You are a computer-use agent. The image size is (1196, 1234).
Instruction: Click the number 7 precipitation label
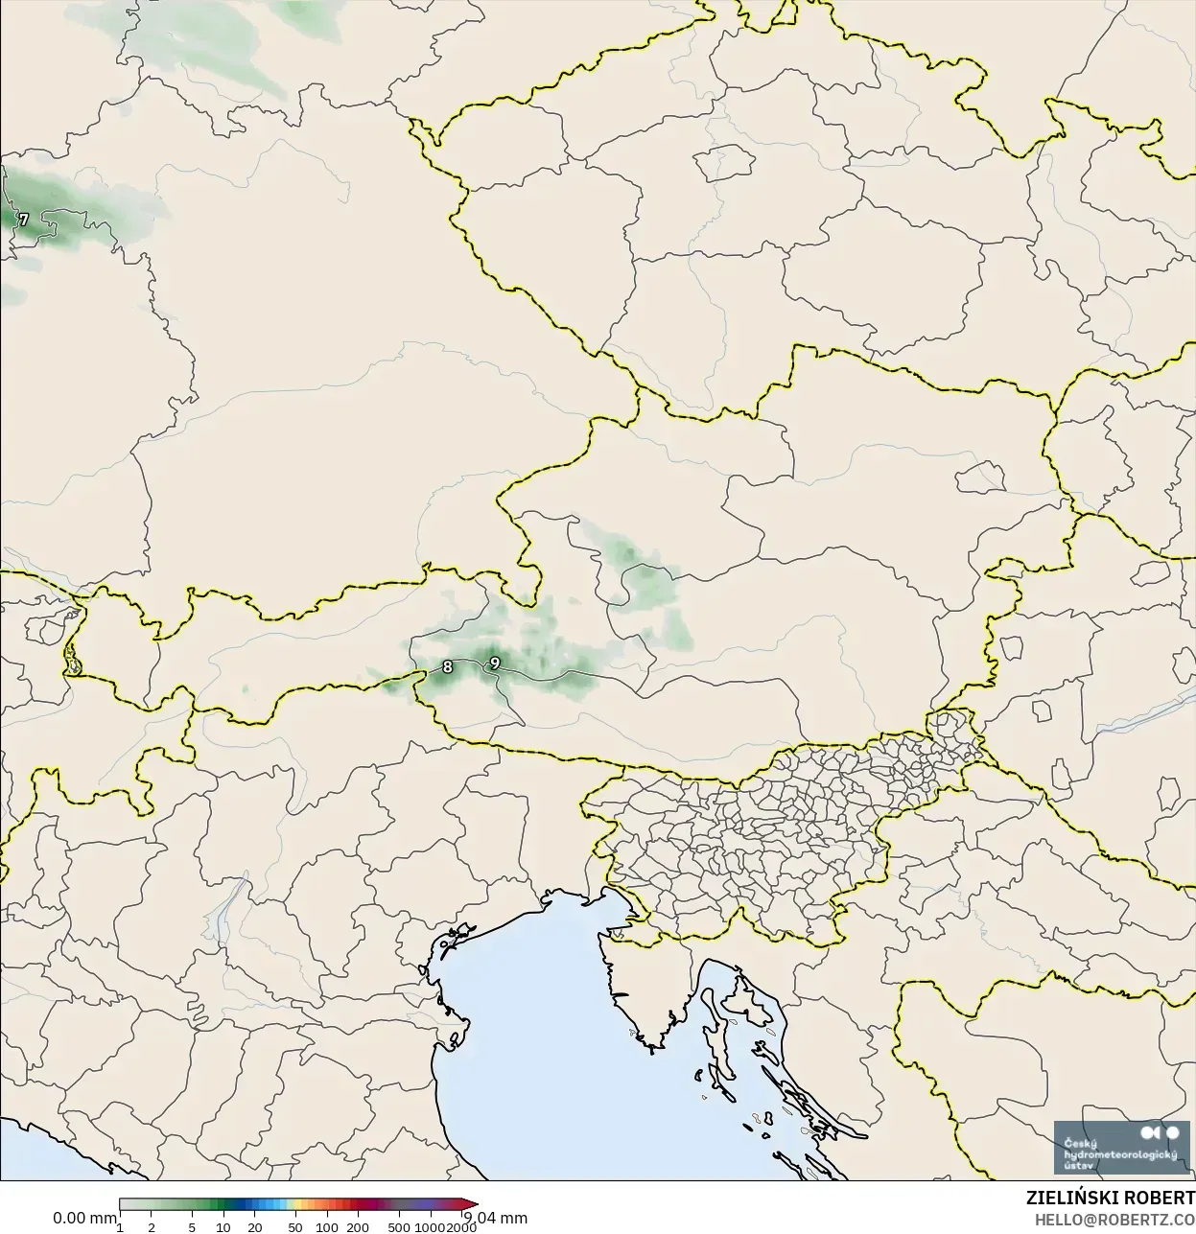pyautogui.click(x=24, y=220)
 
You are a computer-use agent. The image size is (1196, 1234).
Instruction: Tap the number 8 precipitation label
pyautogui.click(x=447, y=666)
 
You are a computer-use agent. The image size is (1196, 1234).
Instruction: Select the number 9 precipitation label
pyautogui.click(x=495, y=663)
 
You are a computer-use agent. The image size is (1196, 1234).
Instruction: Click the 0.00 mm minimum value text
pyautogui.click(x=84, y=1218)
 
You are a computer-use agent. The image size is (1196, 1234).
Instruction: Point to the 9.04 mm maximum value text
pyautogui.click(x=496, y=1218)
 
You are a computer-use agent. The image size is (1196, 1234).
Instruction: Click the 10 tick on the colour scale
pyautogui.click(x=223, y=1227)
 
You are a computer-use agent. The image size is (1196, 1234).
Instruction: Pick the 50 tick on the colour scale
pyautogui.click(x=294, y=1227)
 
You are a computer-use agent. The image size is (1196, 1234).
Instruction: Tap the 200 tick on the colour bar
pyautogui.click(x=358, y=1227)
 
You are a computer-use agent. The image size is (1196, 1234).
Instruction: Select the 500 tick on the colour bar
pyautogui.click(x=399, y=1227)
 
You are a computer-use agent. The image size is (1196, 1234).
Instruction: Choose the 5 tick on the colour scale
pyautogui.click(x=192, y=1227)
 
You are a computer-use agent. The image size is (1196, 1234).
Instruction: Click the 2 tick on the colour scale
pyautogui.click(x=152, y=1227)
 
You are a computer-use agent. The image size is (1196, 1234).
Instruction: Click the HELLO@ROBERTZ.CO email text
pyautogui.click(x=1114, y=1221)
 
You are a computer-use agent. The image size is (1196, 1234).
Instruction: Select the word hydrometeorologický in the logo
pyautogui.click(x=1120, y=1155)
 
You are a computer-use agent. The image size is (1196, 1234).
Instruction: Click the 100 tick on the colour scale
pyautogui.click(x=326, y=1227)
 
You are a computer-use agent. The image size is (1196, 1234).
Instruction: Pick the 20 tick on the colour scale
pyautogui.click(x=255, y=1227)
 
